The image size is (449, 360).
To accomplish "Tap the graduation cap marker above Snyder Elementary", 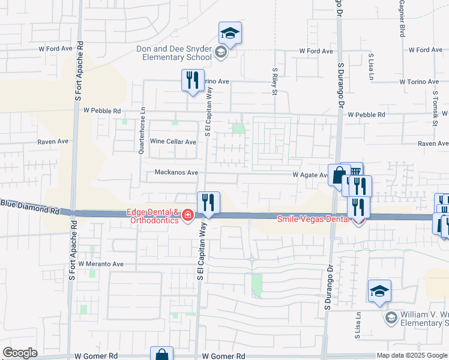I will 229,33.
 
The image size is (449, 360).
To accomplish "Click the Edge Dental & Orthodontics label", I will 152,216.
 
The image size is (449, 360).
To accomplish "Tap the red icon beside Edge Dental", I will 187,215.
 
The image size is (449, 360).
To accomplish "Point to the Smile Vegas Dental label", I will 313,219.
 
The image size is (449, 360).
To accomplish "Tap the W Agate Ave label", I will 310,175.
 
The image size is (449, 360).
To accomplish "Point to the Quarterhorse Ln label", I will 142,131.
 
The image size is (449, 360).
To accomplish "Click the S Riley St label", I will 274,81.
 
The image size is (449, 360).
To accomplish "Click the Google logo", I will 20,353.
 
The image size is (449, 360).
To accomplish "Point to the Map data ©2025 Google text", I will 411,355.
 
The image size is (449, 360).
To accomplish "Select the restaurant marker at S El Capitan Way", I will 208,203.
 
